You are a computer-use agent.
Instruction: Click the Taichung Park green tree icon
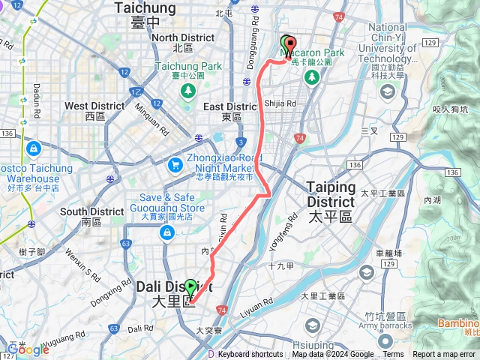click(187, 91)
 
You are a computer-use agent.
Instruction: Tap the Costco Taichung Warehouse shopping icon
click(33, 148)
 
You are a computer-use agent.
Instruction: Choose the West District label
click(95, 106)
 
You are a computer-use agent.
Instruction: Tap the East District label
click(230, 106)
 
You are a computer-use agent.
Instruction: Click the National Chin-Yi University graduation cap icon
click(388, 91)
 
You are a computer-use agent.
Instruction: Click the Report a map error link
click(444, 355)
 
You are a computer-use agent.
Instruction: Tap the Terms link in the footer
click(393, 355)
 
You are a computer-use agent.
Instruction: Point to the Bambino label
click(458, 323)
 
